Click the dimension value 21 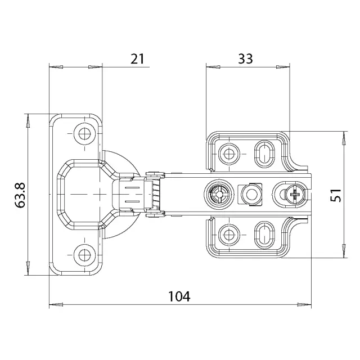tap(137, 58)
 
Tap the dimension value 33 tap(245, 58)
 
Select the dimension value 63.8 tap(20, 195)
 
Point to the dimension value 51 tap(336, 195)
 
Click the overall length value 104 tap(179, 296)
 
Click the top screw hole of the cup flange tap(85, 133)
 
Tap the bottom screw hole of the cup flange tap(85, 255)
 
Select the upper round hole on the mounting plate tap(229, 154)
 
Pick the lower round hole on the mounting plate tap(229, 235)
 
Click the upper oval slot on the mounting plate tap(265, 154)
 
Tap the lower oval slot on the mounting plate tap(265, 235)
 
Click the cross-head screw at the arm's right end tap(295, 195)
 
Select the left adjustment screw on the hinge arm tap(219, 195)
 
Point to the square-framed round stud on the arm tap(250, 195)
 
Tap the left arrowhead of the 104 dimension tap(56, 305)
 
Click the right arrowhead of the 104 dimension tap(304, 305)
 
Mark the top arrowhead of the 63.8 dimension tap(28, 121)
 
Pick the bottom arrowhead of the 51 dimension tap(344, 251)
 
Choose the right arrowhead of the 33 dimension tap(283, 67)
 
